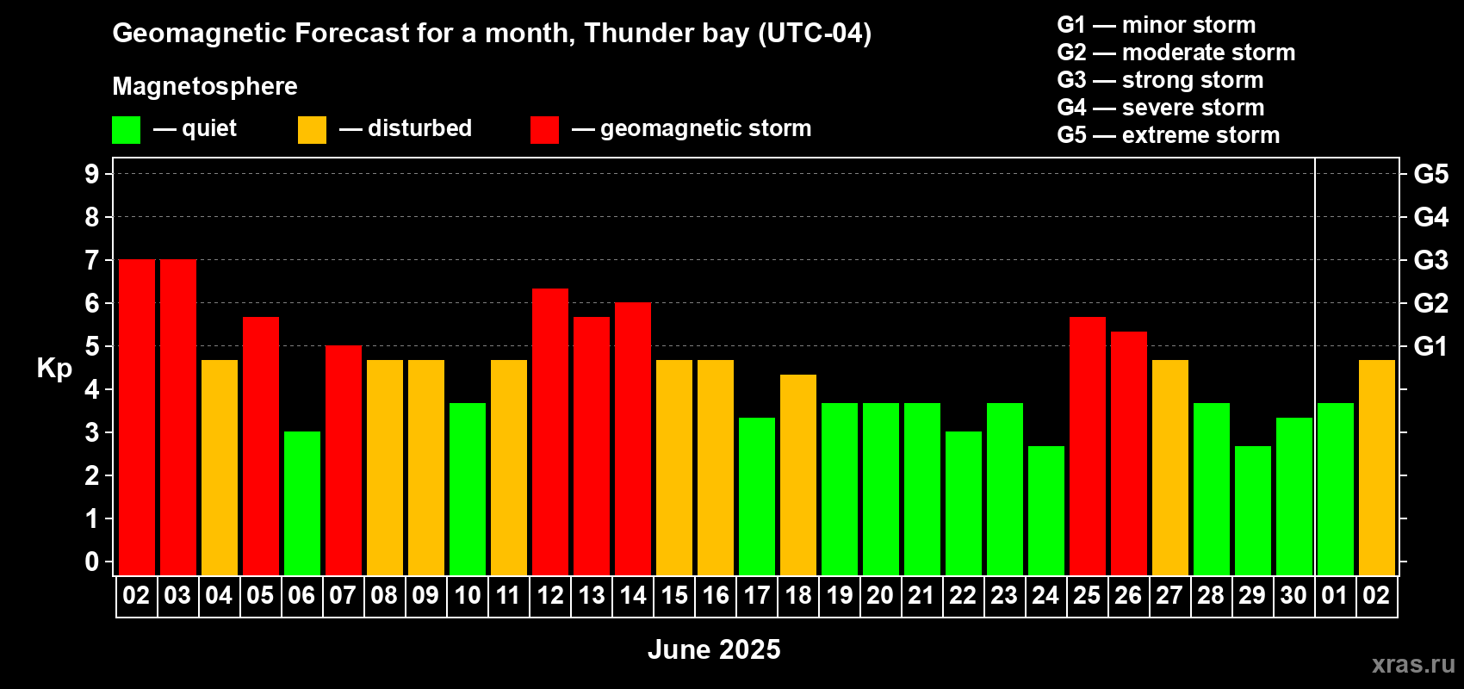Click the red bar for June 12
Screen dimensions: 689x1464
550,431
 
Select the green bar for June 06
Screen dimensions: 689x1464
302,503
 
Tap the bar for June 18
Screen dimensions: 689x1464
798,475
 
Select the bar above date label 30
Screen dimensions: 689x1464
1294,496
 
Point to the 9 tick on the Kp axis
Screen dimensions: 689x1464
92,174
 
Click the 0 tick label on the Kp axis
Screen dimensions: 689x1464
92,562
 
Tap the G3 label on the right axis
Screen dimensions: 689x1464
1430,260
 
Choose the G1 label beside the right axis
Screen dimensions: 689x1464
1430,346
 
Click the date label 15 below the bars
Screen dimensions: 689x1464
674,595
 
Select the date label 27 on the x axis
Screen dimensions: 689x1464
1169,595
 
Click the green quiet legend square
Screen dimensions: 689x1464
127,130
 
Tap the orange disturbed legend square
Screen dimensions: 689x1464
313,130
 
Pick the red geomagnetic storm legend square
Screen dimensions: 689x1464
544,130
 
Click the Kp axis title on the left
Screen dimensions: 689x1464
54,368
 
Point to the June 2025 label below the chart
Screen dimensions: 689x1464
714,649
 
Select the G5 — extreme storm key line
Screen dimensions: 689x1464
1168,135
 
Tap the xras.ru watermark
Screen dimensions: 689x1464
1413,663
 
